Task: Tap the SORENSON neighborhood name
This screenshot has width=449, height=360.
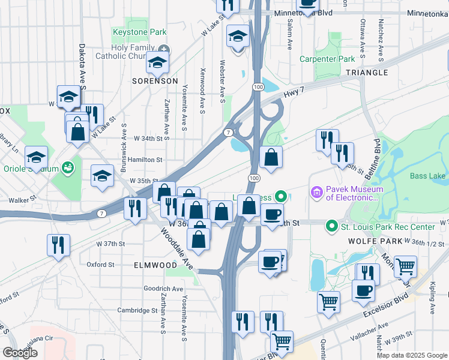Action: point(155,80)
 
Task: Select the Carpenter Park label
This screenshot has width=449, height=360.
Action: point(328,59)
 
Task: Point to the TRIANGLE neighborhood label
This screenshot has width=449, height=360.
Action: point(367,72)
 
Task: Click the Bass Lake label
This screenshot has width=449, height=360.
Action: point(427,176)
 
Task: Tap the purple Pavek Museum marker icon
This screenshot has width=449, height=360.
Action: point(316,193)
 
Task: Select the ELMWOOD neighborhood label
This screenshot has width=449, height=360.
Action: point(155,265)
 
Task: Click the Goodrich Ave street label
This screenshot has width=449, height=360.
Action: point(163,289)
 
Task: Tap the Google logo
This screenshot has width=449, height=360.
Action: point(20,353)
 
